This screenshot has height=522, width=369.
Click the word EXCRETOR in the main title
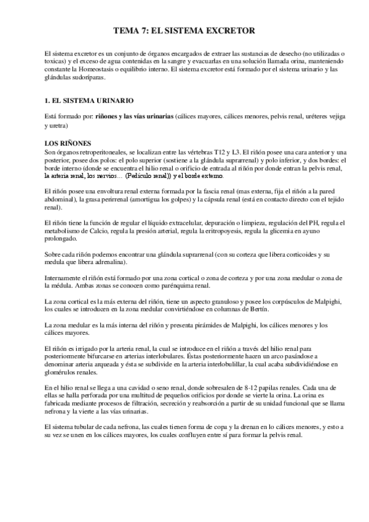[x=228, y=30]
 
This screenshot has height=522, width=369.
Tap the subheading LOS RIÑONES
[x=65, y=143]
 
